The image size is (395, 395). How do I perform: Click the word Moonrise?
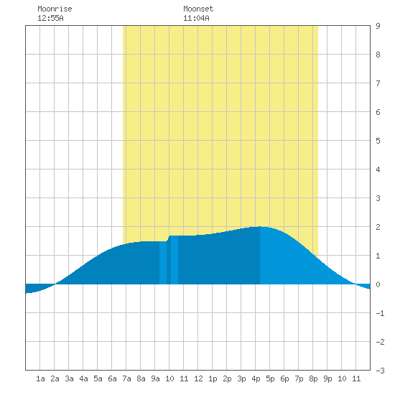click(55, 9)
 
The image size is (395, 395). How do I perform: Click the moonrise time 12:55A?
click(50, 18)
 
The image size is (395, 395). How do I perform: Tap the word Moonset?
click(198, 9)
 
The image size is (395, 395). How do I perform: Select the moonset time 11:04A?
click(196, 18)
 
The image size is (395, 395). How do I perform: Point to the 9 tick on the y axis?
click(378, 26)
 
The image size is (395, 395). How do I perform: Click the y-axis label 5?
click(378, 141)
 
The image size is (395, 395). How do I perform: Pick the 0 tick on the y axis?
click(378, 284)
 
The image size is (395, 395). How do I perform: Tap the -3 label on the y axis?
click(380, 371)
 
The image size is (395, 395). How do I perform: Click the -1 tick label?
click(380, 313)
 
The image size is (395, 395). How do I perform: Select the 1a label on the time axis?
click(40, 378)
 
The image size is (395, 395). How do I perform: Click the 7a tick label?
click(126, 378)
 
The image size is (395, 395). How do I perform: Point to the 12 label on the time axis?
click(198, 378)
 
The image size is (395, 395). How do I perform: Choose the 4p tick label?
click(256, 378)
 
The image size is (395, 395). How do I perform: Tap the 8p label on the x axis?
click(313, 378)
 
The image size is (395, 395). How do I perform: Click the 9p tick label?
click(327, 378)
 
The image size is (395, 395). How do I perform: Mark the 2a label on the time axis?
click(55, 378)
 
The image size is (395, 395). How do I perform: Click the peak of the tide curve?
click(260, 227)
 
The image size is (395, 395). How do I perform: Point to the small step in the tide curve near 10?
click(168, 238)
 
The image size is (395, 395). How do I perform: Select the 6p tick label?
click(284, 378)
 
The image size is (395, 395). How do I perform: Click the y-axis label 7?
click(378, 83)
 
